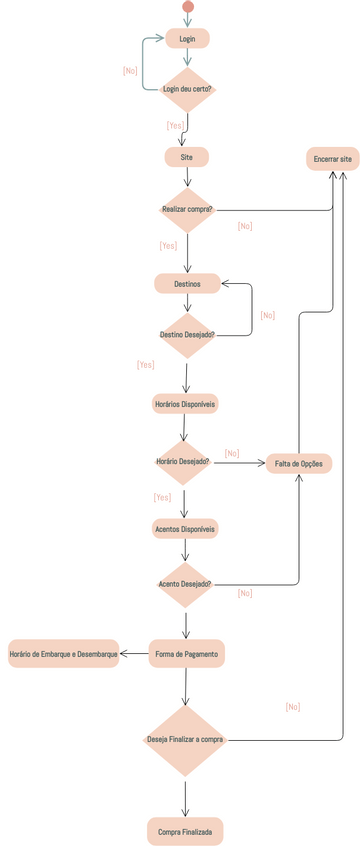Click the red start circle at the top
click(x=187, y=7)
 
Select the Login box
click(x=187, y=38)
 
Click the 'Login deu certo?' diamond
click(x=187, y=89)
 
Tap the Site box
click(x=187, y=157)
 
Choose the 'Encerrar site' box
click(x=332, y=159)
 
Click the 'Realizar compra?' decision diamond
click(x=187, y=210)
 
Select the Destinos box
click(x=187, y=284)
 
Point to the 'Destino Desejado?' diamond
click(x=187, y=334)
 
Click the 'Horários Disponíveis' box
click(x=185, y=403)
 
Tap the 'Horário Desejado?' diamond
click(x=183, y=462)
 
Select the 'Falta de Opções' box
click(x=298, y=463)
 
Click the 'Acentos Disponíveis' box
click(x=185, y=527)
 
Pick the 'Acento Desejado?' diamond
click(x=185, y=584)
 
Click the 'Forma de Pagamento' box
click(x=186, y=654)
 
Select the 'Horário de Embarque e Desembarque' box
click(x=63, y=654)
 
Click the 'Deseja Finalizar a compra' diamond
click(x=185, y=740)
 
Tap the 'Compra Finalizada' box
click(x=185, y=831)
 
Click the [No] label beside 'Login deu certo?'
click(x=130, y=71)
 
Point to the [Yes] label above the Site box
click(x=175, y=126)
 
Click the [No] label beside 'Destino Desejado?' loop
click(x=267, y=315)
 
